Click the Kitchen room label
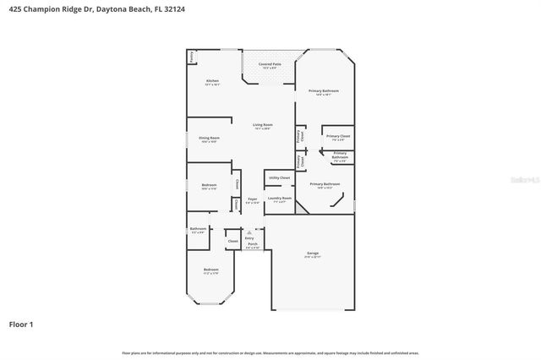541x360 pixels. click(x=212, y=81)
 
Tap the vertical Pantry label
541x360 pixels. click(x=192, y=57)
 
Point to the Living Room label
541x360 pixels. click(x=262, y=125)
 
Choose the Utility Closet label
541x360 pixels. click(x=280, y=178)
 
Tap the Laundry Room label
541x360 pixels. click(x=280, y=199)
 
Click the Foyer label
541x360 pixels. click(x=252, y=199)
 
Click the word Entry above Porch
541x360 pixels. click(x=250, y=239)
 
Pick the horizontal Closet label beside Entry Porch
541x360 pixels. click(x=232, y=241)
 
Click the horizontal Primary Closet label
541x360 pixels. click(x=338, y=136)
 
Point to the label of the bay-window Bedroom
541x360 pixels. click(x=210, y=270)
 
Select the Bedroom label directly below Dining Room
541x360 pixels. click(x=209, y=185)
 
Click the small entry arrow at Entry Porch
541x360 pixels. click(x=250, y=232)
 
